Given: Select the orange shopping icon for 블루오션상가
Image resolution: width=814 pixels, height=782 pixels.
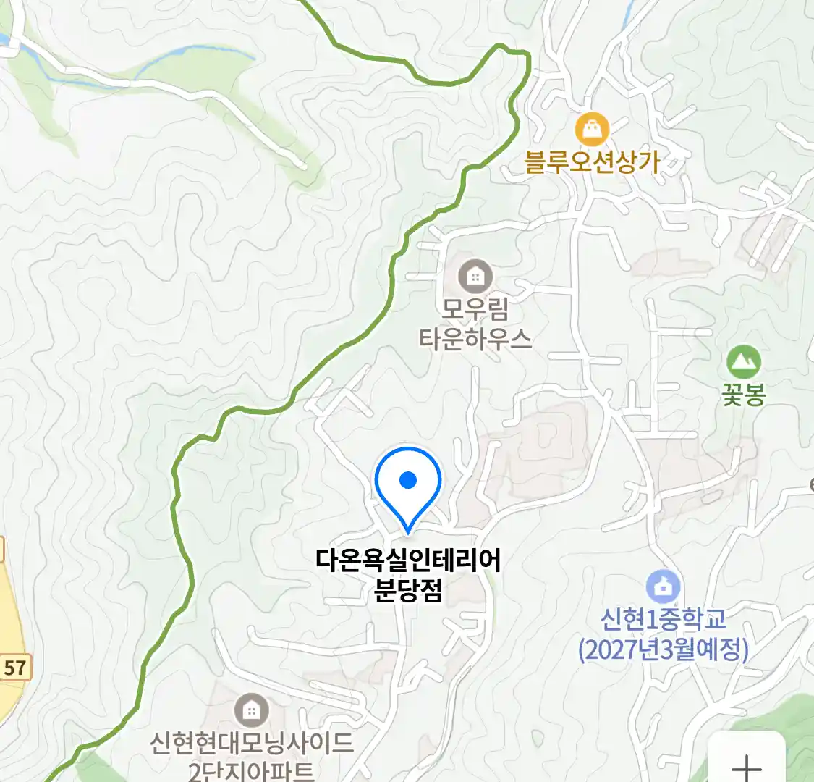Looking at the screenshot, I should point(592,130).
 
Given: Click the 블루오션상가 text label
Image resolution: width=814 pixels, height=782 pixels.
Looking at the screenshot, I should point(592,162).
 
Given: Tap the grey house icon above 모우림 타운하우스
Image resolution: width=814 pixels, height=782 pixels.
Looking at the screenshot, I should point(475,276).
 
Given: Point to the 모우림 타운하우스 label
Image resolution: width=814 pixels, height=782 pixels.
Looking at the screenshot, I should point(475,324).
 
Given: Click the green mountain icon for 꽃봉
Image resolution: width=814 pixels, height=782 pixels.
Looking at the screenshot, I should point(743,361).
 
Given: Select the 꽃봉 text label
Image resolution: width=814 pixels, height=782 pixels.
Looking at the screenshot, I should point(743,395).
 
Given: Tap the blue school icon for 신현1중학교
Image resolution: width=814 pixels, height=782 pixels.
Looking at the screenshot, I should point(663,586).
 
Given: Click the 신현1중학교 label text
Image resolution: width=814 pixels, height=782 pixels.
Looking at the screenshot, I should point(663,619).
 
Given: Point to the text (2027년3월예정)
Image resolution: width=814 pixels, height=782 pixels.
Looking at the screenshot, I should point(663,649).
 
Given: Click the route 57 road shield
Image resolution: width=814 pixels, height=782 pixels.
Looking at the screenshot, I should point(14,668).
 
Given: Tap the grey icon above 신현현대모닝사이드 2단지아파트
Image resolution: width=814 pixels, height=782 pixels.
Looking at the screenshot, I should point(251,710).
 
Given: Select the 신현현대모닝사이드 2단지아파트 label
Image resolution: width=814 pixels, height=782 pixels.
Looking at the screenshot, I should point(251,756).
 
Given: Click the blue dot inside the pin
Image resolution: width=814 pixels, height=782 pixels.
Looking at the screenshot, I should point(408,479).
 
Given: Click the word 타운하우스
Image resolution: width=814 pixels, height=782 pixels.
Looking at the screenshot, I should point(475,339).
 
